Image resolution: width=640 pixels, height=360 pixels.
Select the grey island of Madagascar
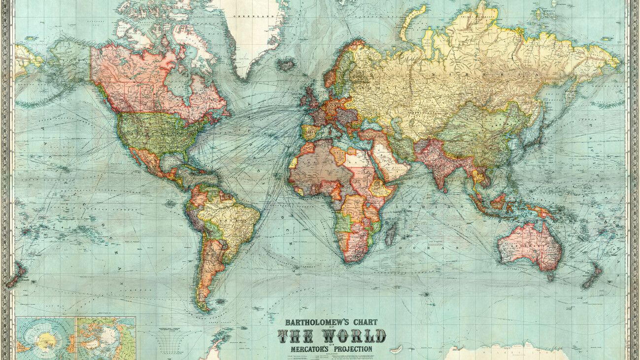tap(390, 233)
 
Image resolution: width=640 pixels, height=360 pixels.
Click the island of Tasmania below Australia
tap(550, 277)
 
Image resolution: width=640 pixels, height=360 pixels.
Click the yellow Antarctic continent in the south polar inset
tap(46, 339)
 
